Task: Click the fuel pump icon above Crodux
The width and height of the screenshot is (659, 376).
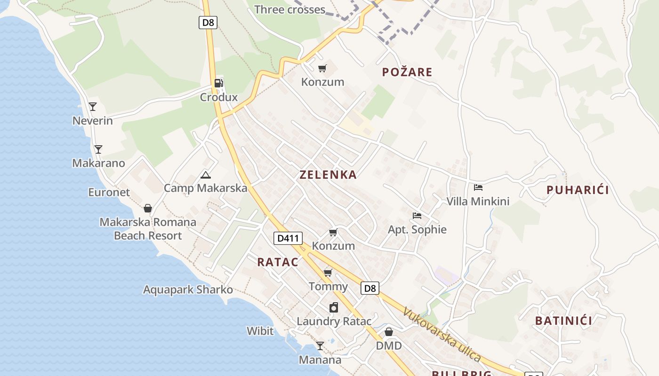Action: (x=218, y=83)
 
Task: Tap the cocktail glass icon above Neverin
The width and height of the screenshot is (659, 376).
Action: (x=93, y=107)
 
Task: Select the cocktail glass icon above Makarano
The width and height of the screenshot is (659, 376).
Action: (x=98, y=149)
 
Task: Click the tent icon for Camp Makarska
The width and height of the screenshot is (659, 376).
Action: (x=205, y=175)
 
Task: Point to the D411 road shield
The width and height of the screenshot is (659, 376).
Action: (x=288, y=238)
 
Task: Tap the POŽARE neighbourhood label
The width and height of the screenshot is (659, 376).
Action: (x=407, y=72)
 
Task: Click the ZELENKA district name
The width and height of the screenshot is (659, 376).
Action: (x=328, y=175)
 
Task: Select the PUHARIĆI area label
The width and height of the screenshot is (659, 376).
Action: (x=578, y=190)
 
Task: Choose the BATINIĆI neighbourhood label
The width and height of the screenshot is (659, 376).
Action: (x=563, y=321)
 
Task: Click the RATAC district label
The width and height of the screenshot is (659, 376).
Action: (x=278, y=262)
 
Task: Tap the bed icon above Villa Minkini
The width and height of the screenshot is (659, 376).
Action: (x=478, y=188)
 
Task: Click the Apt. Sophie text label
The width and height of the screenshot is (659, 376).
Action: (x=417, y=230)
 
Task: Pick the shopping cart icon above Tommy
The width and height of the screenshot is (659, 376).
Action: (x=328, y=273)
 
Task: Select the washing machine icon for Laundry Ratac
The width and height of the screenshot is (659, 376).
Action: (x=334, y=307)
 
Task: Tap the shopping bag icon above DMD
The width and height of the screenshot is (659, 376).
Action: (x=389, y=332)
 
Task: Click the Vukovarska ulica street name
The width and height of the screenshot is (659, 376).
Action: (x=442, y=334)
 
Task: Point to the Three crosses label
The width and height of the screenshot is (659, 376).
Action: (x=289, y=9)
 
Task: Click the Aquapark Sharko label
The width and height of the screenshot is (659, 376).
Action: (x=188, y=290)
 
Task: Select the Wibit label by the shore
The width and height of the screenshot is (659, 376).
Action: (x=260, y=331)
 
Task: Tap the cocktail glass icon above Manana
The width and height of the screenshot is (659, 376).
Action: (x=320, y=346)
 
